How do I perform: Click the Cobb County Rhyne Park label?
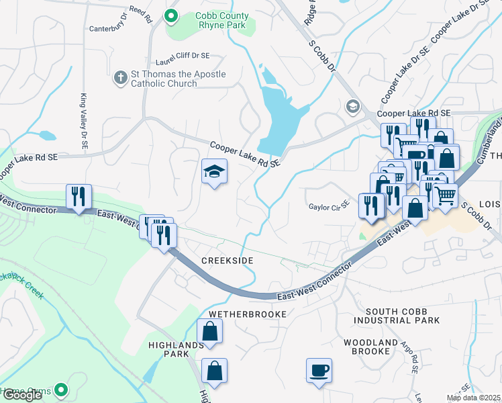213,20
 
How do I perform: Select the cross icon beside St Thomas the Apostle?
121,78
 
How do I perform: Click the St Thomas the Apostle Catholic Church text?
178,79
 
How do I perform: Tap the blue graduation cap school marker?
214,172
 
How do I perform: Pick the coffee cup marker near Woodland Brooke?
319,370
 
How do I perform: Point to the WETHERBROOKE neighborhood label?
247,314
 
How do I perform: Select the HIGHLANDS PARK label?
177,349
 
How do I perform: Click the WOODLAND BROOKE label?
370,347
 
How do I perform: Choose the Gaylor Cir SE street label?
329,206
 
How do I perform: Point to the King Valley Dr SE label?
85,118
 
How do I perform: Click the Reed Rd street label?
141,11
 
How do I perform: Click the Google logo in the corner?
21,395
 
